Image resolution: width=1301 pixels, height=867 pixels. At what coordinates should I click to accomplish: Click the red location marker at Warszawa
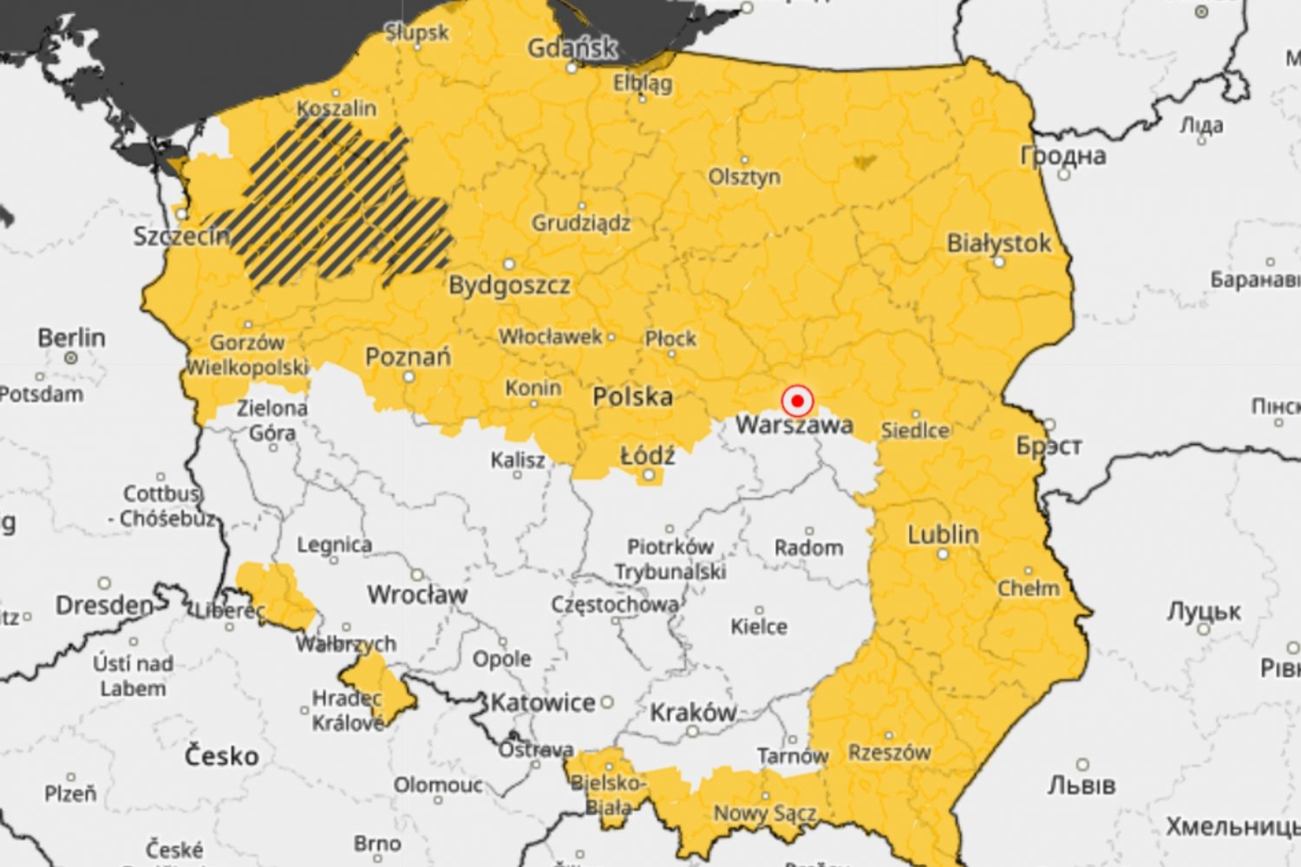[x=796, y=401]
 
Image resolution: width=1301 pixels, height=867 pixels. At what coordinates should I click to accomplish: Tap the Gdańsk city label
[x=572, y=48]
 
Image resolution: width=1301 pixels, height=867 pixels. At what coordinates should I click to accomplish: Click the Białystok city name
[x=998, y=244]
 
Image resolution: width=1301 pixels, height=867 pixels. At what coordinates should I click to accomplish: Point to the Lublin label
[x=943, y=535]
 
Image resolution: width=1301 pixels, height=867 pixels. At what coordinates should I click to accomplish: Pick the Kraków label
[x=693, y=713]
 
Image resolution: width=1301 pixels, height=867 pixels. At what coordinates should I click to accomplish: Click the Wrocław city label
[x=417, y=595]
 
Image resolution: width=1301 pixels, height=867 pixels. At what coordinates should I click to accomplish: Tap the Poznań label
[x=408, y=357]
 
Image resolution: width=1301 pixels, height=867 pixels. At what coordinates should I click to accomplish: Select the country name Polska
[x=632, y=397]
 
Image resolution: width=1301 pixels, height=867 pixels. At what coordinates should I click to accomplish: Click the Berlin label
[x=71, y=337]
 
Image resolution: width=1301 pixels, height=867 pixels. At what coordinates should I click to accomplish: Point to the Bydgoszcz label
[x=509, y=285]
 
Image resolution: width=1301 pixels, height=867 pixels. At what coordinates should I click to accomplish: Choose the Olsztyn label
[x=744, y=177]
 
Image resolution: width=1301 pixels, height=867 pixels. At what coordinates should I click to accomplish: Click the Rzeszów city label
[x=889, y=753]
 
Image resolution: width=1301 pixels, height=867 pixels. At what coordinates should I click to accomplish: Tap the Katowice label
[x=543, y=702]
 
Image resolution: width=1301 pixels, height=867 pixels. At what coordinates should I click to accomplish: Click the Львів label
[x=1081, y=786]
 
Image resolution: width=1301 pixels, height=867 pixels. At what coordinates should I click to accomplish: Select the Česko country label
[x=221, y=756]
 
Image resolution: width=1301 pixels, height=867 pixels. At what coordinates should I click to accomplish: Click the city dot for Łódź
[x=648, y=475]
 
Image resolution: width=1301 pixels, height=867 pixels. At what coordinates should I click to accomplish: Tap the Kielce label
[x=759, y=627]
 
